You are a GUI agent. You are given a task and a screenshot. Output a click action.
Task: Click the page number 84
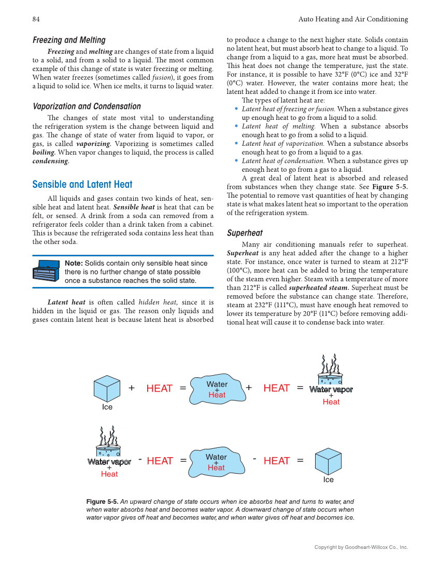(36, 19)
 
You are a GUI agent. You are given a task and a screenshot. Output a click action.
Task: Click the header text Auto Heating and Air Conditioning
(353, 19)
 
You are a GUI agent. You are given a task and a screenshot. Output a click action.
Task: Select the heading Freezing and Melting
(69, 40)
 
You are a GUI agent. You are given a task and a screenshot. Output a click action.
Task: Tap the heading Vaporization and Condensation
(87, 106)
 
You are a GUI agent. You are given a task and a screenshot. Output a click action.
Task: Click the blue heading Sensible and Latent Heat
(82, 184)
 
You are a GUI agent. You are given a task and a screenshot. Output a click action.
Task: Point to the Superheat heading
(245, 233)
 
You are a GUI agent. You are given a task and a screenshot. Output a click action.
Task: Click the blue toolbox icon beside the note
(46, 271)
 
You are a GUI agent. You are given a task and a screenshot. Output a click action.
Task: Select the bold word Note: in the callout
(74, 263)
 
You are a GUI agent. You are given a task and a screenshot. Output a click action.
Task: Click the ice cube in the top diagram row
(107, 389)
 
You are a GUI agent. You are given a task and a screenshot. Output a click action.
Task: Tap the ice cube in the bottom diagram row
(329, 461)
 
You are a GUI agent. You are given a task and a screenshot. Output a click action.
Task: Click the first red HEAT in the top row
(160, 389)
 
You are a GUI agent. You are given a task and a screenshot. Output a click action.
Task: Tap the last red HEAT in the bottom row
(277, 461)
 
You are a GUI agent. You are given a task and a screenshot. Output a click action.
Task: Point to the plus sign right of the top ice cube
(132, 388)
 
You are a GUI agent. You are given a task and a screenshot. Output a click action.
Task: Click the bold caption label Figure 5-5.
(103, 502)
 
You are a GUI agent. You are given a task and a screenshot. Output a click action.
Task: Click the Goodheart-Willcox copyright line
(361, 547)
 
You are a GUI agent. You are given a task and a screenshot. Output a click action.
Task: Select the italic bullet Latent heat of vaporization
(283, 144)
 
